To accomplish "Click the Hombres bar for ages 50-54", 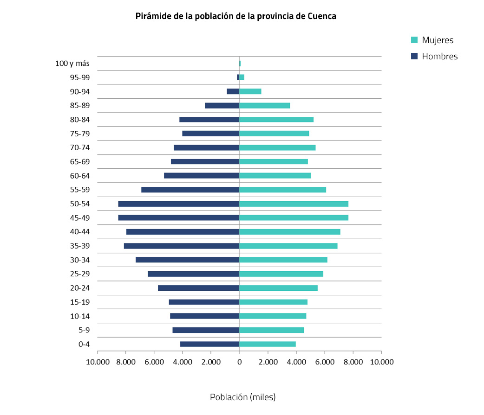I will [x=179, y=204].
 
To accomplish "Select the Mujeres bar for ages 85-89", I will [x=264, y=105].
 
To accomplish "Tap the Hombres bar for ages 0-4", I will [x=209, y=344].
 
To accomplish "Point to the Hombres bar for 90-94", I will [x=233, y=91].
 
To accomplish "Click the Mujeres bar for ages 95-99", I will [x=242, y=77].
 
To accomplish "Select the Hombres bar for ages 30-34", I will [x=187, y=260].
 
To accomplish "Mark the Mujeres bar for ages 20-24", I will [x=278, y=288].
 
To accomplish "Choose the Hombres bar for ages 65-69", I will [x=205, y=161].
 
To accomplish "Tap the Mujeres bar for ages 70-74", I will [x=277, y=147].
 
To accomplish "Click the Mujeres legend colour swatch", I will [x=415, y=40].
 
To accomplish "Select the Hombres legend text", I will [x=439, y=57].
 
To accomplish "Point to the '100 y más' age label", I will [x=72, y=64].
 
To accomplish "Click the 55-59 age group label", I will [x=80, y=190].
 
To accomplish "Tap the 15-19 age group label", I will [x=80, y=302].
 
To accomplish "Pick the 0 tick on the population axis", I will [x=239, y=362].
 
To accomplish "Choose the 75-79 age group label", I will [x=80, y=134].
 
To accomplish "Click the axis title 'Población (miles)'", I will [x=242, y=397].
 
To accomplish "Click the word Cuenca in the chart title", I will [x=322, y=16].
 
